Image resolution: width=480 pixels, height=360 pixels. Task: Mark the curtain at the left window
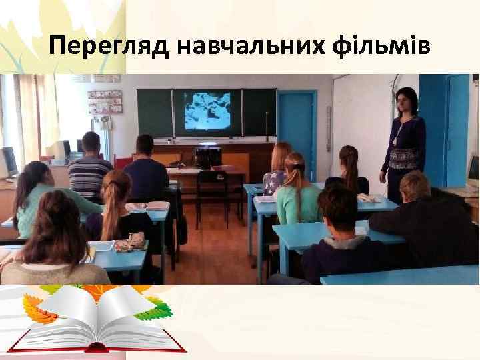(30, 113)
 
